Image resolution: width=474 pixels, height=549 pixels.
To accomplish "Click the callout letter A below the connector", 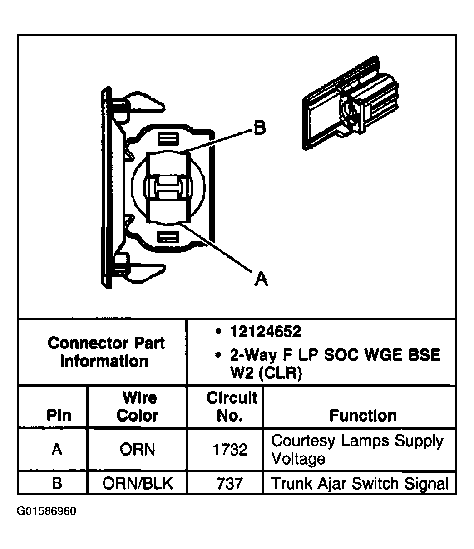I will tap(261, 278).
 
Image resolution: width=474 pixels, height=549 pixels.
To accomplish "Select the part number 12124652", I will tap(266, 332).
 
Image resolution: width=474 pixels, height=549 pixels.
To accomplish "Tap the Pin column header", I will tap(59, 415).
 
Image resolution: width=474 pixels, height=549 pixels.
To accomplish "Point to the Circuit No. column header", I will tap(232, 407).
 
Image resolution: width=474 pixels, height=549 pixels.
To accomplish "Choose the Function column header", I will tap(363, 415).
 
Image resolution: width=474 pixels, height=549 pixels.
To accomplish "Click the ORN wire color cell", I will tap(137, 450).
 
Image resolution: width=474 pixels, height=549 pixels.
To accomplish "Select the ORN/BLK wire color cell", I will tap(137, 483).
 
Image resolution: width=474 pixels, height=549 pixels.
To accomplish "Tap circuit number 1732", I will tap(230, 450).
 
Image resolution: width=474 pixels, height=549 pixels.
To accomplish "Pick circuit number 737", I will tap(230, 483).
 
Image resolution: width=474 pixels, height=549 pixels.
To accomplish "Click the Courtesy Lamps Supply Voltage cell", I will tap(357, 449).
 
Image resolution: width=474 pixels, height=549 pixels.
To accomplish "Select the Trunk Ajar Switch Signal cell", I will tap(360, 483).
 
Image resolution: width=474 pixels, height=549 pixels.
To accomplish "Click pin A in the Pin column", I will tap(57, 450).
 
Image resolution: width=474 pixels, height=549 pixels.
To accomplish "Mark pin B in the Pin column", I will tap(57, 483).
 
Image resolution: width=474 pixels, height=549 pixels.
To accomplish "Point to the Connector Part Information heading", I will tap(106, 352).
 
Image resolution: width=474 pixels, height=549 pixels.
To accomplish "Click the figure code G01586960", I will tap(46, 511).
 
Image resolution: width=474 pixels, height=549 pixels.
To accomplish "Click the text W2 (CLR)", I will tap(266, 374).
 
